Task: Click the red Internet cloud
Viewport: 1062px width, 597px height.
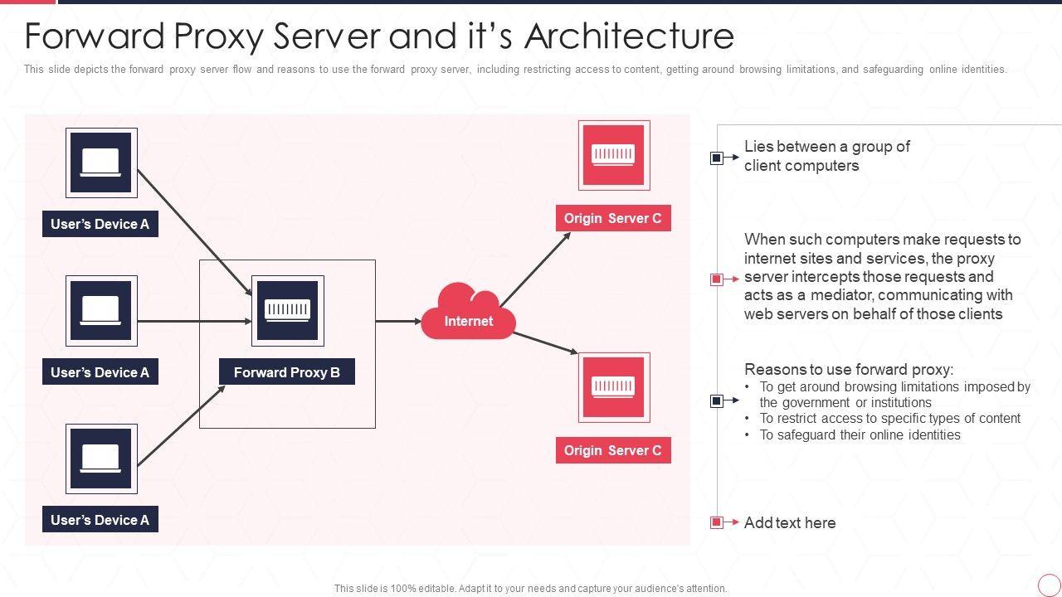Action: pos(469,315)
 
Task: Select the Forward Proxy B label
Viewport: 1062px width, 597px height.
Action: pos(287,372)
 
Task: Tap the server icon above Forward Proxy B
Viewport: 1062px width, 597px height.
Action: pos(287,310)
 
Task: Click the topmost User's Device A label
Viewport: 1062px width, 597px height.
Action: pos(100,224)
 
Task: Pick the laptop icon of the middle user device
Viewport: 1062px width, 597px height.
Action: pos(101,311)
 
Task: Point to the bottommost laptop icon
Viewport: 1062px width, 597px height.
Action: pos(101,459)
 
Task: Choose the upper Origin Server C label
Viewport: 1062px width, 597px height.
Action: pos(613,218)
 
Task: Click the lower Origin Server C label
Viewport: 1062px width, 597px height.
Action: pos(613,450)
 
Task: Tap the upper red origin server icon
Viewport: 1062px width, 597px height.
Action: pos(613,155)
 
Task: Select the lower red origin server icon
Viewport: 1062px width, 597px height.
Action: pos(613,387)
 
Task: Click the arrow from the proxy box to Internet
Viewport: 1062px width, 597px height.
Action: pos(398,321)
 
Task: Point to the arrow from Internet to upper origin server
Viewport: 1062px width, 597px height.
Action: pos(535,269)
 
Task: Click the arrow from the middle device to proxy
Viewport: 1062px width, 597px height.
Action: pos(194,321)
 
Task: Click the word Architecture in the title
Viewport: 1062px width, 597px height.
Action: pos(630,36)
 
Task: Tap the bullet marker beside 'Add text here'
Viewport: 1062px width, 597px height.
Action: pos(717,522)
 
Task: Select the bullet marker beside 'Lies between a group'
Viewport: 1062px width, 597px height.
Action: pos(717,158)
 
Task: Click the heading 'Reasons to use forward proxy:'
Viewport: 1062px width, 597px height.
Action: pos(849,370)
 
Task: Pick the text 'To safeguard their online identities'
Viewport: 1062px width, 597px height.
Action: pos(860,434)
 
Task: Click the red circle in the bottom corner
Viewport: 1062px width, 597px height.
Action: pos(1049,585)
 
